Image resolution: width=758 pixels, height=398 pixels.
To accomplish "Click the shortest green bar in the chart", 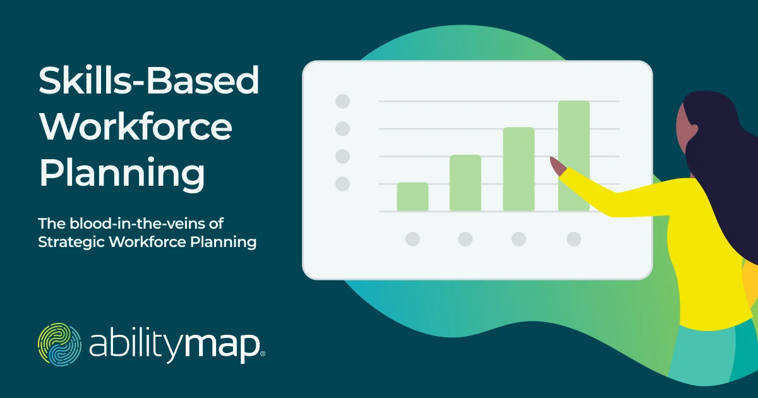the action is [x=412, y=196].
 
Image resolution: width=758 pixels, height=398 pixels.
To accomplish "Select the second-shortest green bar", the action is [x=466, y=183].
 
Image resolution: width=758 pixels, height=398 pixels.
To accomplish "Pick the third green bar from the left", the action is [x=519, y=169].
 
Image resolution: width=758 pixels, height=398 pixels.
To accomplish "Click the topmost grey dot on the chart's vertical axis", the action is [x=342, y=101].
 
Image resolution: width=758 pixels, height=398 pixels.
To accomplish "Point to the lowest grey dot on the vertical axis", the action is [x=342, y=184].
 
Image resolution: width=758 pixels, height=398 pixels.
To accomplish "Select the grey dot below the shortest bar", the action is [x=413, y=239].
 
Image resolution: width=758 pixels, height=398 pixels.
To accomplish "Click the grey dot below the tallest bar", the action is [x=574, y=239].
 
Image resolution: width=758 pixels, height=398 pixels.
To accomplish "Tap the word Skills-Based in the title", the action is [x=149, y=80].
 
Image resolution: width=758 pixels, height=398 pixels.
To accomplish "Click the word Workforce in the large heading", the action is [x=136, y=126].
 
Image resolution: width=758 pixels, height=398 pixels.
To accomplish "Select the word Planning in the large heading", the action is [x=122, y=174].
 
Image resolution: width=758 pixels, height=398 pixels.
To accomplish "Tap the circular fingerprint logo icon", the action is [x=59, y=344].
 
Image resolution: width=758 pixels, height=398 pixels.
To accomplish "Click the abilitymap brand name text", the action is [x=174, y=346].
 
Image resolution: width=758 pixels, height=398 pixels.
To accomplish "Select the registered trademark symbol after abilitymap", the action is [x=263, y=354].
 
